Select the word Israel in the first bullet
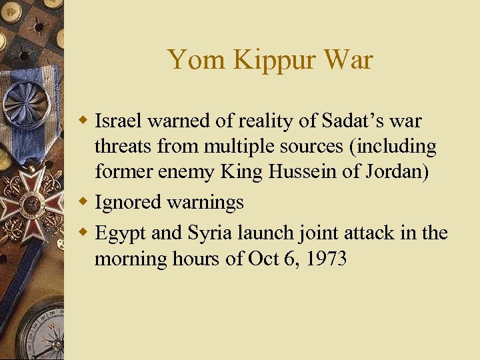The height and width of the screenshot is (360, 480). tap(119, 121)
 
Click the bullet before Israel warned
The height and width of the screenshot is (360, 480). tap(84, 121)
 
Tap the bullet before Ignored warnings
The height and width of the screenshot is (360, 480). tap(84, 202)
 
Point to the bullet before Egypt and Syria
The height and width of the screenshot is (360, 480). tap(84, 233)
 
